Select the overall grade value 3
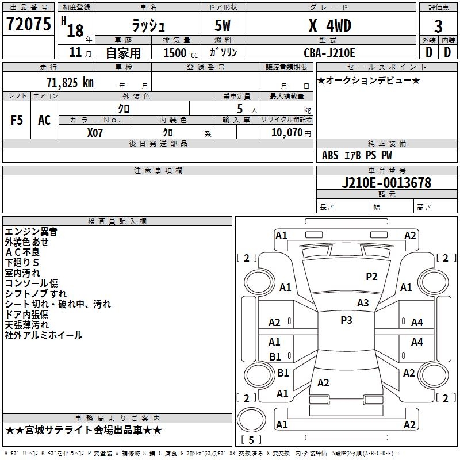tap(438, 26)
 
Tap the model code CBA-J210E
tap(329, 53)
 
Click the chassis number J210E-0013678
tap(386, 183)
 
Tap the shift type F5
tap(17, 120)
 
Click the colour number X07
tap(95, 132)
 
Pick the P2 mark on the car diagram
tap(372, 277)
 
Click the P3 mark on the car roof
tap(346, 320)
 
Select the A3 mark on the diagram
tap(363, 303)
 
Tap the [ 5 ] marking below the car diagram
tap(251, 440)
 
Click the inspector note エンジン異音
tap(30, 232)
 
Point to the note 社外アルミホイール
tap(44, 335)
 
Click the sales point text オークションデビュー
tap(369, 80)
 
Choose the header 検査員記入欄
tap(117, 221)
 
